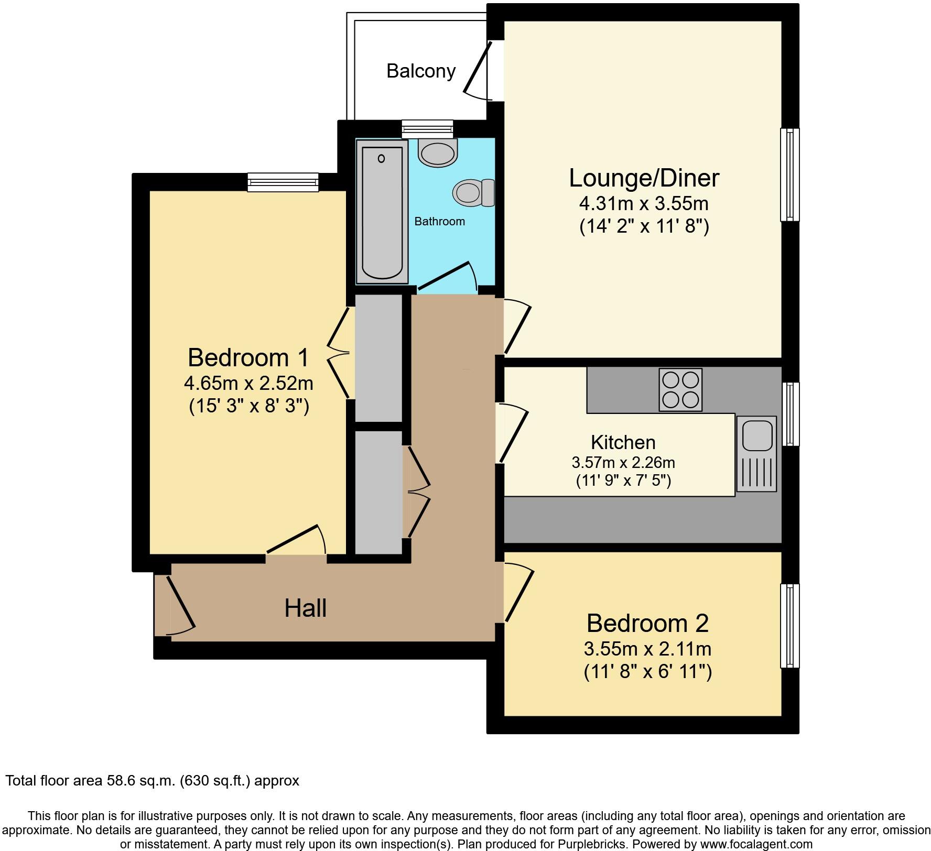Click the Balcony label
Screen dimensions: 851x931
pos(421,71)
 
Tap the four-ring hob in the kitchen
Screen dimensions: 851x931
pos(680,390)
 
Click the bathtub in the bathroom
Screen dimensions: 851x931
pos(382,212)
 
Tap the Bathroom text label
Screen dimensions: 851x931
pos(439,221)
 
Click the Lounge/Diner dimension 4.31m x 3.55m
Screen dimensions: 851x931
pos(644,203)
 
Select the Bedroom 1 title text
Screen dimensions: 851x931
pos(248,358)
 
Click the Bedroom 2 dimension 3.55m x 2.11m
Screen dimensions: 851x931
pos(647,649)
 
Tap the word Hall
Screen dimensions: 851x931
pos(305,608)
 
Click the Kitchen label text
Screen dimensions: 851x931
pos(623,442)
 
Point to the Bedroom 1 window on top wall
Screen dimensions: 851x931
pos(283,182)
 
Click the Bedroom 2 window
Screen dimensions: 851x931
pos(789,626)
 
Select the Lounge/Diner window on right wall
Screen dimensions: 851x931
pos(789,174)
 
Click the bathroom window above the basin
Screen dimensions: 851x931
pos(427,128)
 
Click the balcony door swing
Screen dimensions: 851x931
pos(479,71)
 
